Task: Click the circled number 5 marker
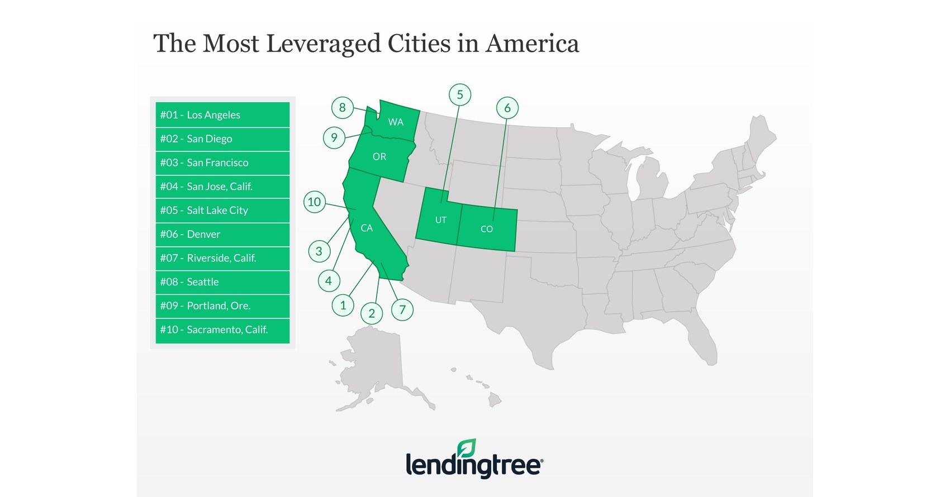(x=460, y=95)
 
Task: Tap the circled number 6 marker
(x=507, y=108)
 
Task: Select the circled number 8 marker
(x=343, y=107)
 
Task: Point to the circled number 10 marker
(x=315, y=202)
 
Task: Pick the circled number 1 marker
(x=343, y=305)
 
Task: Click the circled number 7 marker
(x=402, y=310)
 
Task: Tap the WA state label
(x=396, y=122)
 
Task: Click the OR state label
(x=379, y=157)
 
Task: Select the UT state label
(x=441, y=220)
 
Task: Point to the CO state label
(x=487, y=229)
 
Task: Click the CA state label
(x=367, y=228)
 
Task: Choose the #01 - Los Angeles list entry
(x=222, y=115)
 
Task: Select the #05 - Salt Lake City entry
(x=222, y=211)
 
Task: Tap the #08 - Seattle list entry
(x=222, y=282)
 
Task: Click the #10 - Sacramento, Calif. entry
(x=222, y=330)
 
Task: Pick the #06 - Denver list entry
(x=222, y=235)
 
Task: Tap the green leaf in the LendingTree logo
(x=467, y=448)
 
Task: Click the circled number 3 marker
(x=319, y=251)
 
